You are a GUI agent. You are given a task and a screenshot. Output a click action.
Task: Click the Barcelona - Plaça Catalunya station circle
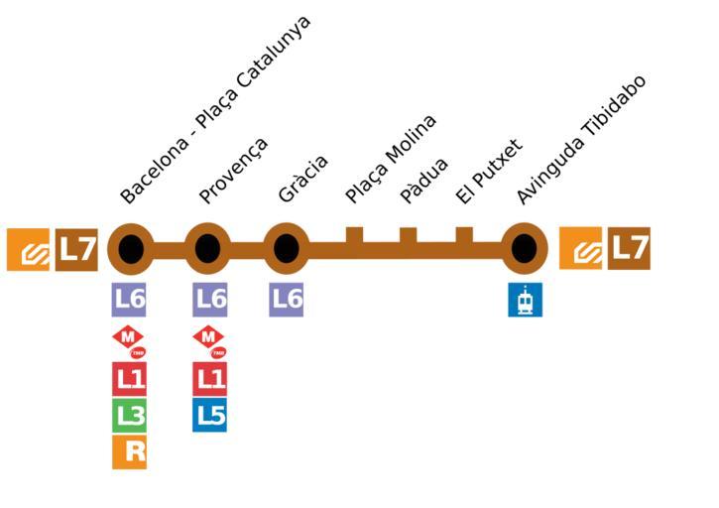(x=131, y=249)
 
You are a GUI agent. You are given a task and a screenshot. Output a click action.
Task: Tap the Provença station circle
(x=207, y=249)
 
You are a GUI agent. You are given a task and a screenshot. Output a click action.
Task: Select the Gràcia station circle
(x=287, y=249)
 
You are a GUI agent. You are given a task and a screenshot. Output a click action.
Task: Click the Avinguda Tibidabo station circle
(x=525, y=249)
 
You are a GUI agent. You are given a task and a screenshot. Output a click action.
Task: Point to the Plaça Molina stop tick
(x=354, y=236)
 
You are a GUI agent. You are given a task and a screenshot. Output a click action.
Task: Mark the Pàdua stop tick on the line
(x=408, y=236)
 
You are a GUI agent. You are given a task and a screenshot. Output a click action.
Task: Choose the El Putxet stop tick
(x=464, y=236)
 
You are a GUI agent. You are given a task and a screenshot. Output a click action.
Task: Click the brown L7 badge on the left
(x=76, y=249)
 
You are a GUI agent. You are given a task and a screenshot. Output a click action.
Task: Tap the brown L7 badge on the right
(x=629, y=248)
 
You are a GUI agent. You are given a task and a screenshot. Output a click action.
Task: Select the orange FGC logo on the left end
(x=28, y=249)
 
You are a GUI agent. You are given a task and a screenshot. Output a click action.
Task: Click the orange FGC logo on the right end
(x=580, y=248)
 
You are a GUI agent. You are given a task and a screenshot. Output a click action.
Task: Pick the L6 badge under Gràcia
(x=287, y=300)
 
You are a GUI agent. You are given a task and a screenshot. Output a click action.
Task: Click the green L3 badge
(x=129, y=416)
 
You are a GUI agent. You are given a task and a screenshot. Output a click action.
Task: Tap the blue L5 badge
(x=209, y=415)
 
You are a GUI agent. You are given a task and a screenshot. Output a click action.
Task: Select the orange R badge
(x=129, y=452)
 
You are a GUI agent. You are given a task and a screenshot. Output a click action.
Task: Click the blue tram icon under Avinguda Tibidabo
(x=525, y=300)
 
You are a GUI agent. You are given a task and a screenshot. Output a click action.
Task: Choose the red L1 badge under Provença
(x=209, y=378)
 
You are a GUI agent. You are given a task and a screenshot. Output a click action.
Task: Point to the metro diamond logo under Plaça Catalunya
(x=129, y=340)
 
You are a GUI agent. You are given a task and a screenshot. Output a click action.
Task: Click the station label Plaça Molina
(x=391, y=160)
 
